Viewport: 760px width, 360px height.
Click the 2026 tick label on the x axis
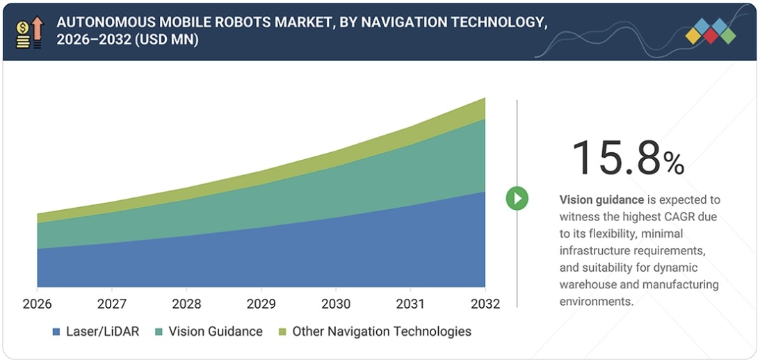point(37,304)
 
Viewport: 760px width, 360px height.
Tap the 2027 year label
point(111,304)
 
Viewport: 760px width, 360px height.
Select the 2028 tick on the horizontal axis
point(186,304)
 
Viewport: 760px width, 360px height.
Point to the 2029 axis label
point(261,304)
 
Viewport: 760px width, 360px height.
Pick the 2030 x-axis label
point(336,304)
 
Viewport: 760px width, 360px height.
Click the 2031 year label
point(410,304)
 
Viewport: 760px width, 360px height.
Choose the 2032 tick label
point(485,304)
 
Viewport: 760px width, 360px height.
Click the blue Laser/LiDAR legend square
point(56,332)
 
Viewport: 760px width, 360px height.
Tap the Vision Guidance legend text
point(216,332)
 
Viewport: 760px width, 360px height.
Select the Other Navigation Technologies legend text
point(382,332)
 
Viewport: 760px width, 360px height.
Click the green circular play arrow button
point(517,199)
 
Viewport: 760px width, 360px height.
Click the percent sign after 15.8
point(673,163)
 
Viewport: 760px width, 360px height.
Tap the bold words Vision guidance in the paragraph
point(601,200)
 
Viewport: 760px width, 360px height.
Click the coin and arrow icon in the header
point(29,32)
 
